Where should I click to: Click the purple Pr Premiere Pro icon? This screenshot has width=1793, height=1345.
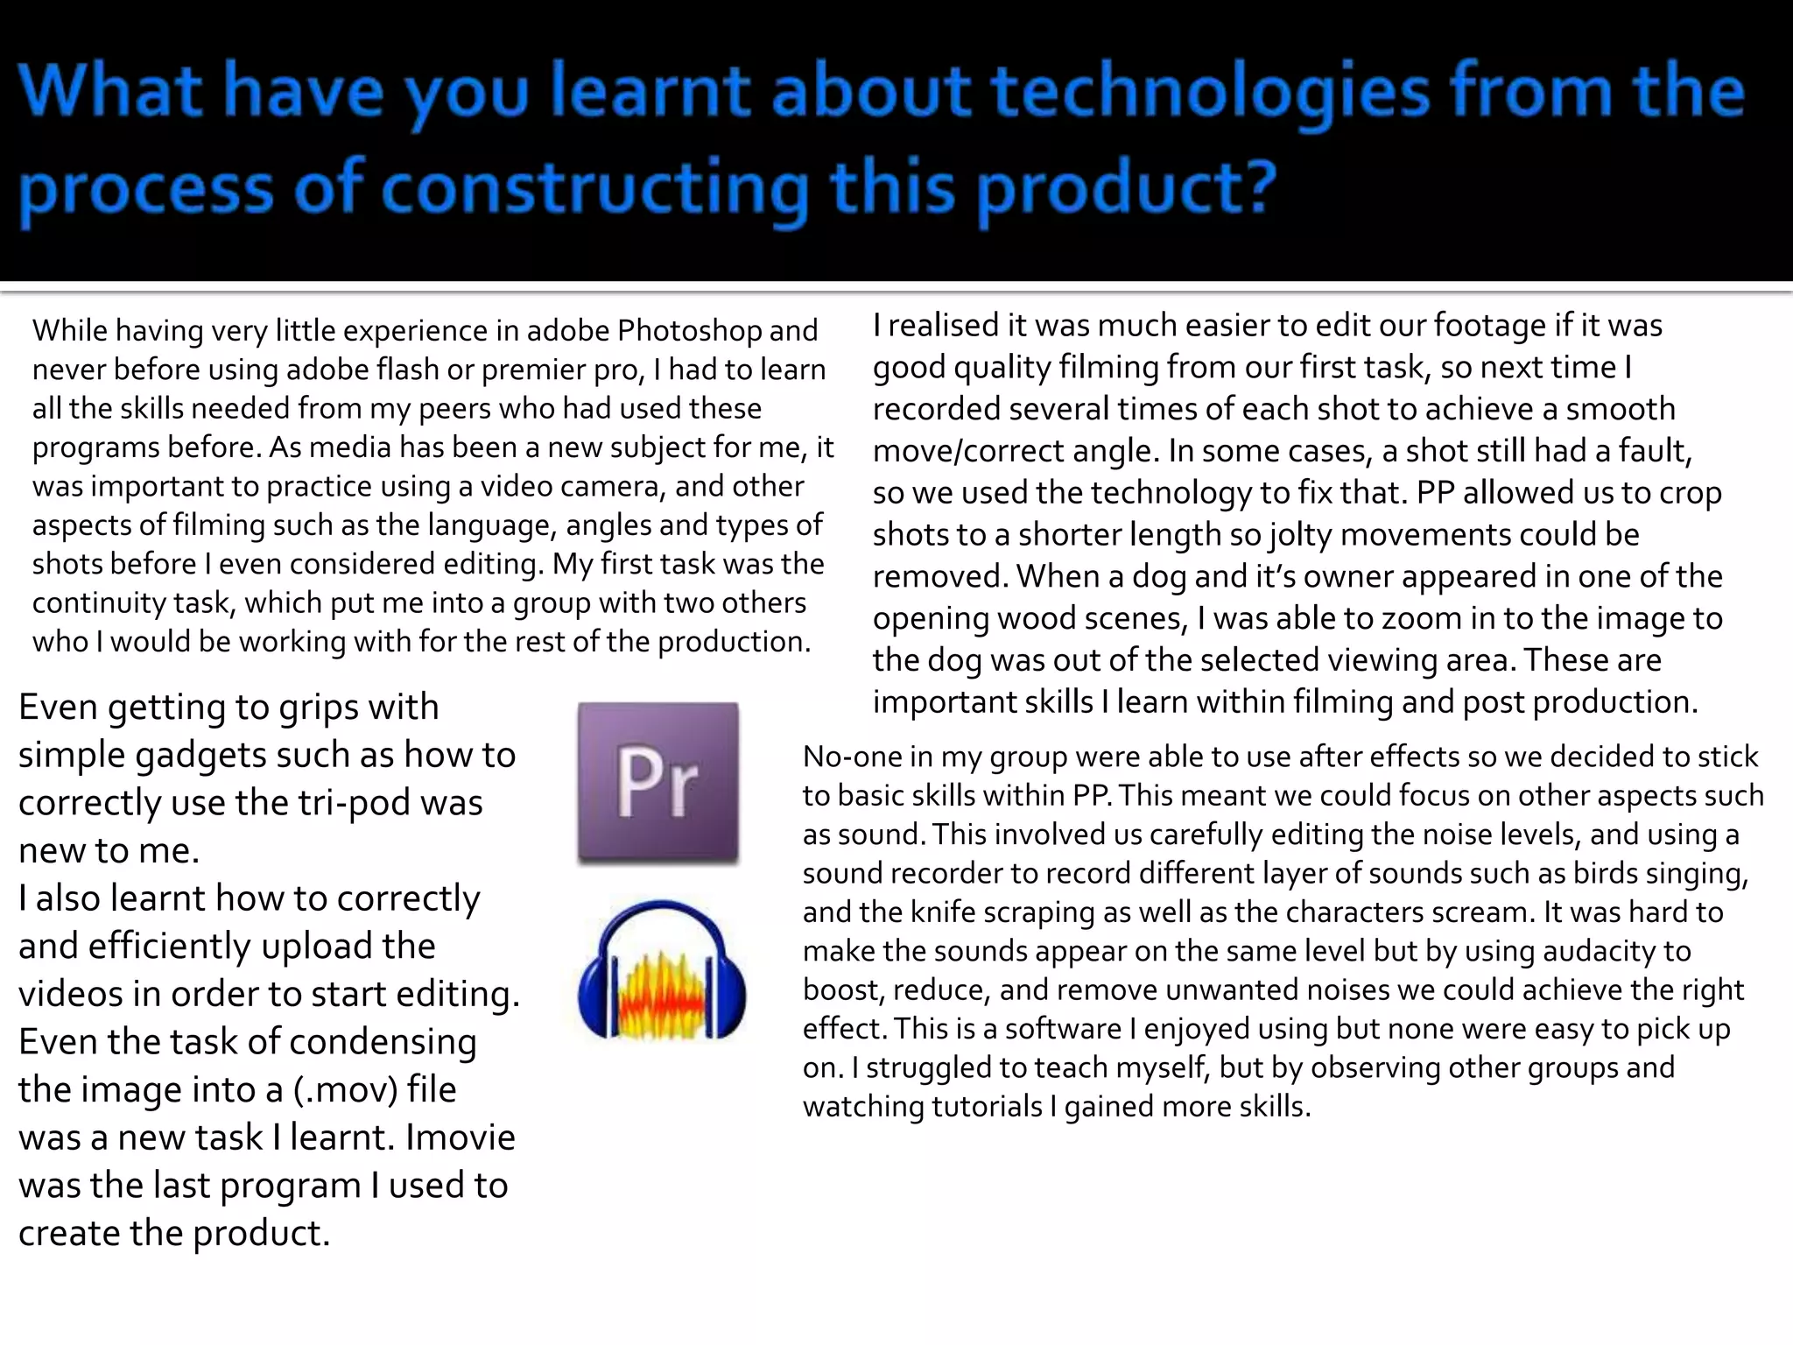[657, 783]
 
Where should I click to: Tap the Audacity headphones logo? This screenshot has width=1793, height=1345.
[662, 970]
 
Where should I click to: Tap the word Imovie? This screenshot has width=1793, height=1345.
[461, 1137]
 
